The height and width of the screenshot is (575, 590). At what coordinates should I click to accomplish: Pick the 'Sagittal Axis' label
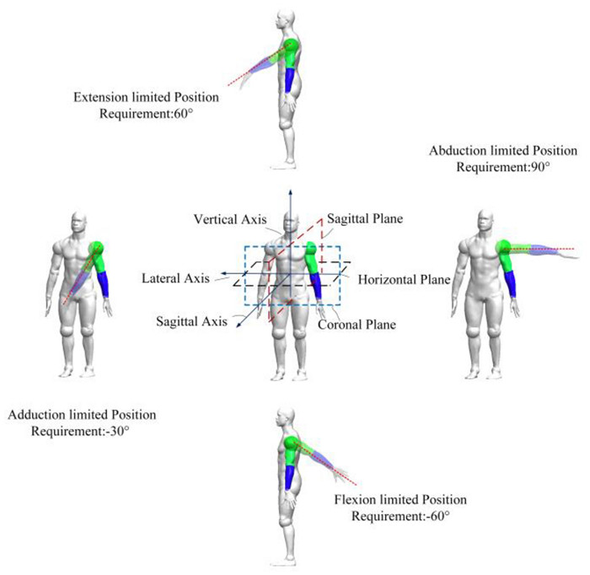point(189,321)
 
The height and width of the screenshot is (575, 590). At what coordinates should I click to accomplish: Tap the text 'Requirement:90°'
point(503,167)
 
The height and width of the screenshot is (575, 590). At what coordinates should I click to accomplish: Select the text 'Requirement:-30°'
point(80,431)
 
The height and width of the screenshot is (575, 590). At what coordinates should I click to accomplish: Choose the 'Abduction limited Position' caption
point(503,152)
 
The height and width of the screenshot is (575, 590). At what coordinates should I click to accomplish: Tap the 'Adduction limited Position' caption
point(80,416)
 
